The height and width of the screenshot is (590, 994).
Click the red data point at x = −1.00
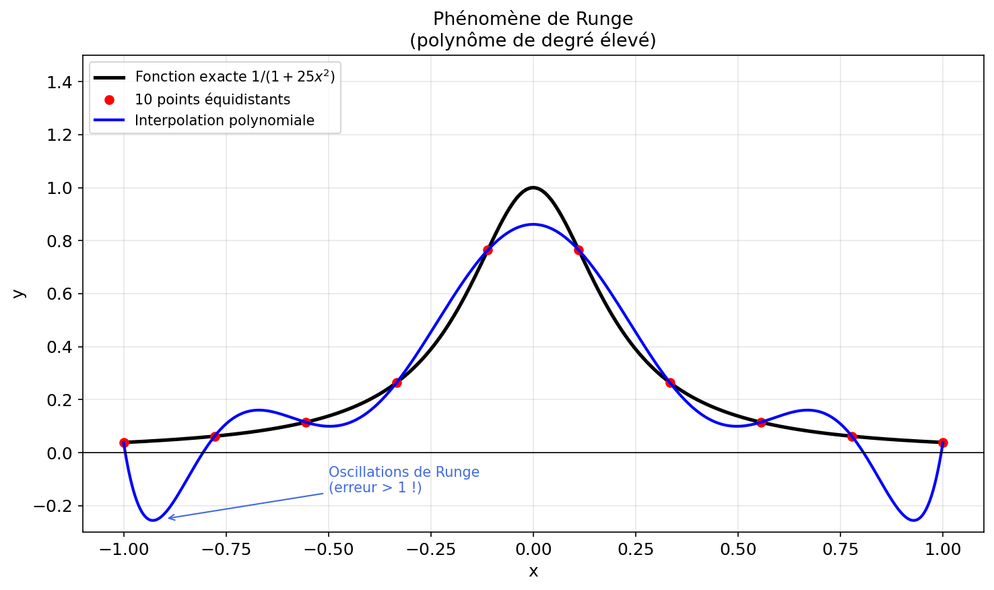point(124,442)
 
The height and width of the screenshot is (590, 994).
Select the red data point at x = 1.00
point(943,442)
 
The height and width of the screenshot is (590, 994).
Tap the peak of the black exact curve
point(533,187)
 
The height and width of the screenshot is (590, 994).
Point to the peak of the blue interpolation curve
point(533,224)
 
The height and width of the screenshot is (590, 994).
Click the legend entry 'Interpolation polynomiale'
point(224,121)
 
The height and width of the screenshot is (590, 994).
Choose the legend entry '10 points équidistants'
point(212,100)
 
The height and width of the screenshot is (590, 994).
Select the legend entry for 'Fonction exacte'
point(234,77)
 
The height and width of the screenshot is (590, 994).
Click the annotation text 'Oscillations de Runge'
point(403,472)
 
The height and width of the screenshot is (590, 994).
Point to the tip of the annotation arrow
point(168,518)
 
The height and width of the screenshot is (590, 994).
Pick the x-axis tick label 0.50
point(738,550)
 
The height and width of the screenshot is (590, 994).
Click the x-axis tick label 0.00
point(533,550)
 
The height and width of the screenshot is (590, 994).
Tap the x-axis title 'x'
point(533,572)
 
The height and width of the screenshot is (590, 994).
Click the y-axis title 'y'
point(19,294)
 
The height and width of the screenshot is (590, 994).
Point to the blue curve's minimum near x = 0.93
point(914,520)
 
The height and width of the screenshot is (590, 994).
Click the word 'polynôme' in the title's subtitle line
point(459,40)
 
